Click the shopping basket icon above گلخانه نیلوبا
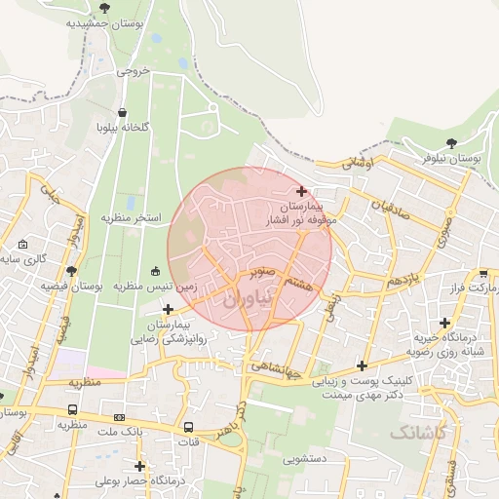(x=121, y=112)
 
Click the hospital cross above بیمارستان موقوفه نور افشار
(x=301, y=191)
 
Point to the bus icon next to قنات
(x=188, y=426)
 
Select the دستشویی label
(x=305, y=455)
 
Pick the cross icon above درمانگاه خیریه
(x=445, y=322)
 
